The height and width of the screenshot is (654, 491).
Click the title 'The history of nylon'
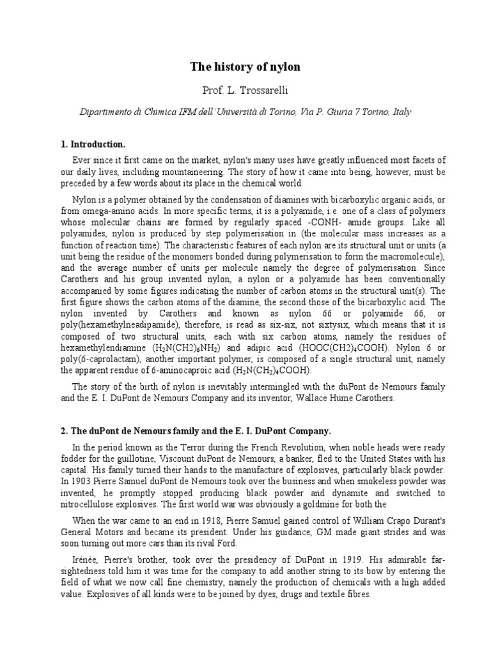245,66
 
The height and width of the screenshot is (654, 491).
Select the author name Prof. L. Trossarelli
245,90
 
